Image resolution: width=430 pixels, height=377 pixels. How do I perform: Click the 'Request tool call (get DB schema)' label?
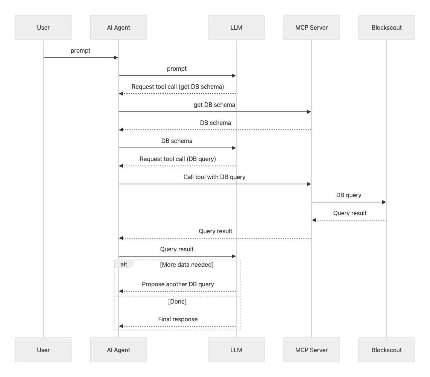pos(178,87)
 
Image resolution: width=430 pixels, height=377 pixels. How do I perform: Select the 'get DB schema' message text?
pos(214,105)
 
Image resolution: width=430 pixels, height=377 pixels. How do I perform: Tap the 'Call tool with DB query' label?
pos(214,177)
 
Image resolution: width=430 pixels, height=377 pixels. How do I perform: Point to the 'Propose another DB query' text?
pos(178,284)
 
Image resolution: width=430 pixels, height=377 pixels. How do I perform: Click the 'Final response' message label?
pos(178,319)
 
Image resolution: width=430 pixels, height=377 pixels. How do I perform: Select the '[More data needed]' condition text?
pos(187,265)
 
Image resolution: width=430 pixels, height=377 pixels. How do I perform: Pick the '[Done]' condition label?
pos(177,301)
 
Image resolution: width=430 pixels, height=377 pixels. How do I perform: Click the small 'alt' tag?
pos(124,264)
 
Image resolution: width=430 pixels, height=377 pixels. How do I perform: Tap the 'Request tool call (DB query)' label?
pos(178,159)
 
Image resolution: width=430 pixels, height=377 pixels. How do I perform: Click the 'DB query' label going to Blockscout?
pos(349,195)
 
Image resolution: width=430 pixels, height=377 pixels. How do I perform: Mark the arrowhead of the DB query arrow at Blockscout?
pos(384,202)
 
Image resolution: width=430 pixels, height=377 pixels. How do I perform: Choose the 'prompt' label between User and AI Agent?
pos(81,50)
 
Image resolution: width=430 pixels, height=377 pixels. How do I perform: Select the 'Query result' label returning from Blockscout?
pos(349,213)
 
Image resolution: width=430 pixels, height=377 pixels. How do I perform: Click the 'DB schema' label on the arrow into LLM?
pos(176,141)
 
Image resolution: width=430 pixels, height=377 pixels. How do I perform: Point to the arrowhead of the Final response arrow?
pos(121,326)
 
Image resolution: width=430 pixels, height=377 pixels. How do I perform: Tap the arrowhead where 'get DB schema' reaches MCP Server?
pos(309,112)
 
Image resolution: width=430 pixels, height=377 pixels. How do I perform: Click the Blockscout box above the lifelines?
pos(386,27)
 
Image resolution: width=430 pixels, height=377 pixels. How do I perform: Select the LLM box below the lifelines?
pos(236,350)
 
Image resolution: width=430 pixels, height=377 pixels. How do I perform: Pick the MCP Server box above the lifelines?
pos(311,27)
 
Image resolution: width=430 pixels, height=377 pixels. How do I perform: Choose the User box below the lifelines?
pos(43,350)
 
